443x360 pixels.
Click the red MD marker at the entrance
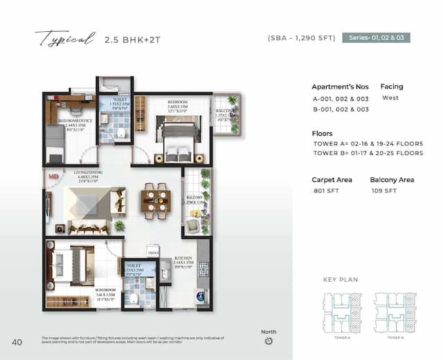(x=53, y=177)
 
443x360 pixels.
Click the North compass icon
(x=269, y=340)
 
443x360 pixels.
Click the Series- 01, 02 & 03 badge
(x=377, y=37)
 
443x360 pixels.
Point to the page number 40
(x=17, y=341)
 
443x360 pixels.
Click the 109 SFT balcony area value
(x=383, y=190)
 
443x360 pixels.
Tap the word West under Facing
(x=390, y=98)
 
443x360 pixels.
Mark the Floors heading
(x=322, y=134)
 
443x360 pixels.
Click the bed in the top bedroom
(x=178, y=138)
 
